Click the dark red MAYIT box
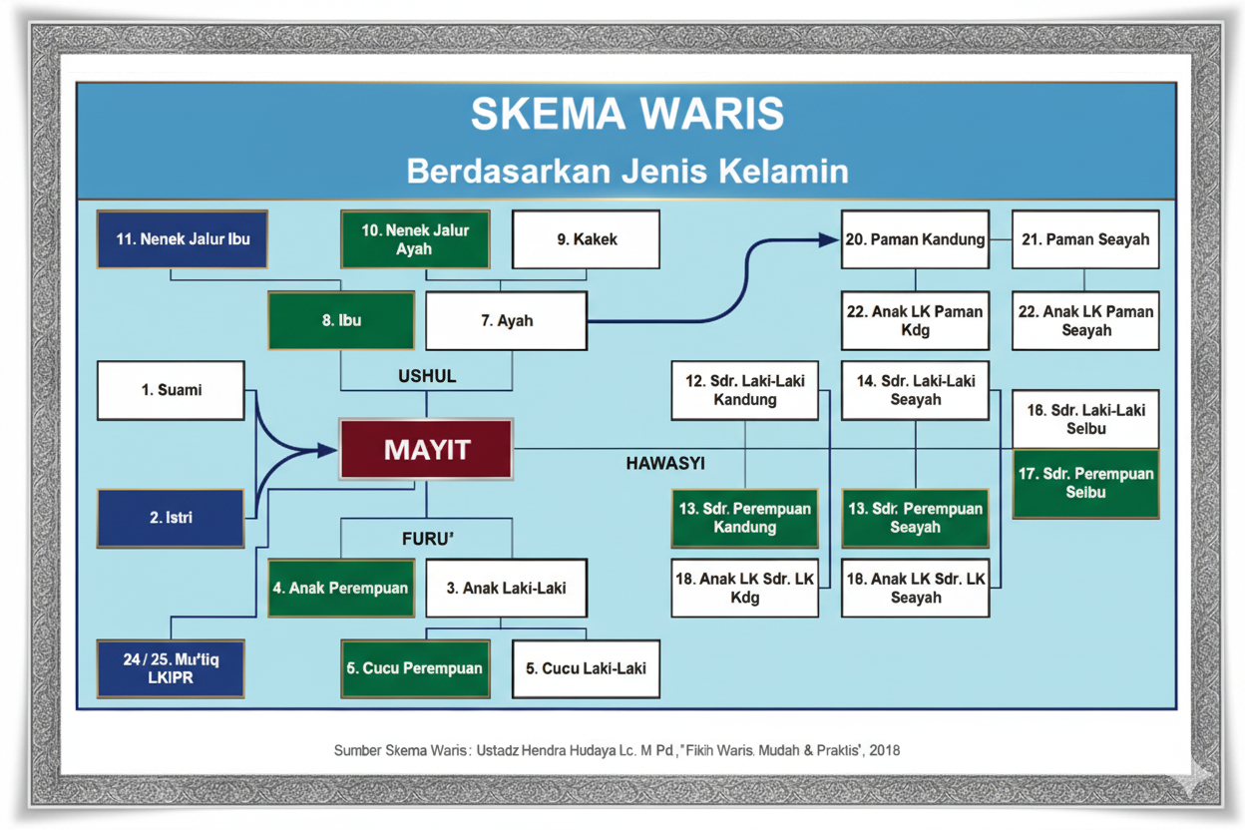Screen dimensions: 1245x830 426,449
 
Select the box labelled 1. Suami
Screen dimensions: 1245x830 172,390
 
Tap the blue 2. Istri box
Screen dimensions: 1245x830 172,518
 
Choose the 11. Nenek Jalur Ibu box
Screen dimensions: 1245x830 183,239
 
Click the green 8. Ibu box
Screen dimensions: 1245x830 341,320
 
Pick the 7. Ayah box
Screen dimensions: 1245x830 507,321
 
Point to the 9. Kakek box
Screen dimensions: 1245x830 587,239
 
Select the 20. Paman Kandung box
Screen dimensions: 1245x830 916,239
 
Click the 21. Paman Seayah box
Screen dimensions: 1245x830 1085,239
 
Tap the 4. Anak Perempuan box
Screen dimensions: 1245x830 341,589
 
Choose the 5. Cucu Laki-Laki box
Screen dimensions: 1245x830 587,668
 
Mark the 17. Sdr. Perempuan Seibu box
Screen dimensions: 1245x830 1086,484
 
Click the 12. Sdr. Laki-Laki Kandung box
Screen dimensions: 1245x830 745,390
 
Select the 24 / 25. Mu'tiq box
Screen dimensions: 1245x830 172,668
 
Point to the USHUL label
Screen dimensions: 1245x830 427,376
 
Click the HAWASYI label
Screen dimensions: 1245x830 665,464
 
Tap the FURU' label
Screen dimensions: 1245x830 427,539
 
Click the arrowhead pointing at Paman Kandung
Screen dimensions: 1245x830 828,239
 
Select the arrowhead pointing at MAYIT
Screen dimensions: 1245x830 327,450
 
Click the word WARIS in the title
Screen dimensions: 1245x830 712,114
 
